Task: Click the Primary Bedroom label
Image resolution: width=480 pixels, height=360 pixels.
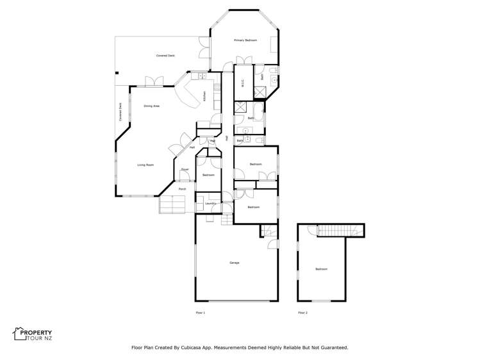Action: pos(245,40)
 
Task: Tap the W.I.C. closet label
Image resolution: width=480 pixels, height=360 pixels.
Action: pos(243,83)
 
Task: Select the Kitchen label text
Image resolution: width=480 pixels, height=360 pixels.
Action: pos(204,97)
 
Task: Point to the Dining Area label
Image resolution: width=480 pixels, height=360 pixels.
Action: pos(151,106)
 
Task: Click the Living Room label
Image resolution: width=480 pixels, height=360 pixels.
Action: pos(145,165)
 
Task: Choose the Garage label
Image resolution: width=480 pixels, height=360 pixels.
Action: pos(234,263)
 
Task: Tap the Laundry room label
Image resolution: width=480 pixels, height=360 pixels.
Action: pos(210,204)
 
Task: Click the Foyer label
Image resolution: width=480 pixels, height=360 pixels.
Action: pos(184,169)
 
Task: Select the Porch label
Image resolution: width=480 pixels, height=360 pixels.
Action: pos(182,189)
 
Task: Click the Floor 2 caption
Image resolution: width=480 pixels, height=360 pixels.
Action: pos(302,313)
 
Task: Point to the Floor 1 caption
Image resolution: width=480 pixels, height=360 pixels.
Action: pos(201,313)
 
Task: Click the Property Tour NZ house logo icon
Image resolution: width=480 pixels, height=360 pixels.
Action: pos(19,333)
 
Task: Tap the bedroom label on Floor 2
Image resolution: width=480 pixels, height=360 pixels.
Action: pos(321,269)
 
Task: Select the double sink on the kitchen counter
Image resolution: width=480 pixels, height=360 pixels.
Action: pos(201,76)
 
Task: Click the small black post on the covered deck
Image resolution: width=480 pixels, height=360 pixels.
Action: pos(117,72)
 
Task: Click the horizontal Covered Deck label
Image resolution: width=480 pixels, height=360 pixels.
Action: pos(165,56)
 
